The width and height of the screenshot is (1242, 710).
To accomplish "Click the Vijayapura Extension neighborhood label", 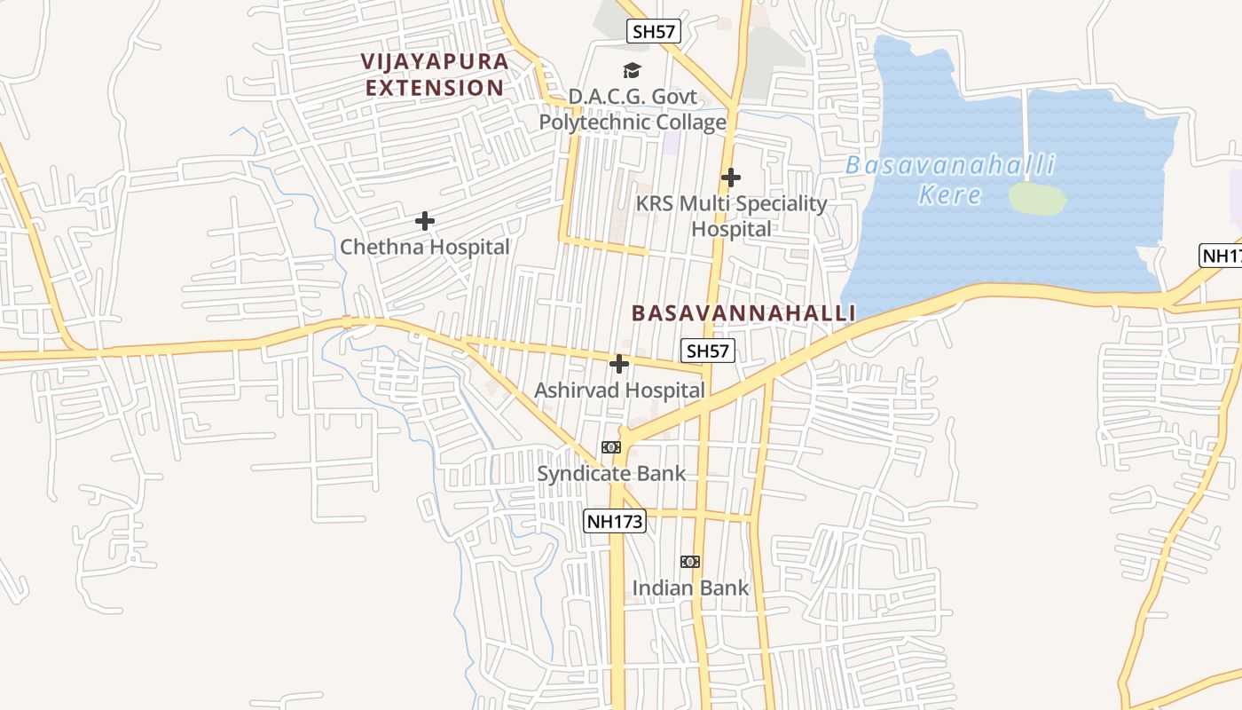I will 435,75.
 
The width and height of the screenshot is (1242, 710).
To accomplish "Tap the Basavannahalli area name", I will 743,313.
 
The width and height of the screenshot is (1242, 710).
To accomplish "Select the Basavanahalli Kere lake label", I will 950,179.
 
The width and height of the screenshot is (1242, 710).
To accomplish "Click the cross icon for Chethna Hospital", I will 425,220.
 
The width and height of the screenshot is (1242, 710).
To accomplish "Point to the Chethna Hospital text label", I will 425,247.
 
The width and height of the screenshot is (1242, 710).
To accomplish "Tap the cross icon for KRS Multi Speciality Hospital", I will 730,177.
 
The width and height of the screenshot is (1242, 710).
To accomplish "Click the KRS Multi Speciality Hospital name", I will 731,216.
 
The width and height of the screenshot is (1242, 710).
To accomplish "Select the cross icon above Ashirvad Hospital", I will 619,364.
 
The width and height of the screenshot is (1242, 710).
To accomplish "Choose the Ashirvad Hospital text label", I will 619,390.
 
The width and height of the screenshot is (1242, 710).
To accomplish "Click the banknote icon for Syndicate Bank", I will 611,447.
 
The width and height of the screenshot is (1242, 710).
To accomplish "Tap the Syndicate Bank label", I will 611,473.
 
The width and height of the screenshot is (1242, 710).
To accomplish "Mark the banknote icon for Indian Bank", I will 690,561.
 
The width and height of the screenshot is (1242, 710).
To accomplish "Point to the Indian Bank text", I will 690,588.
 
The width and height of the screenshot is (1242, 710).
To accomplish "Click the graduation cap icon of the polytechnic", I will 632,70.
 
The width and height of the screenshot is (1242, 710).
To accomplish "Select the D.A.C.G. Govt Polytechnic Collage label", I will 633,109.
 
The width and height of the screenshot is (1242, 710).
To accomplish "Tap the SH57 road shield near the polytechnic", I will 653,31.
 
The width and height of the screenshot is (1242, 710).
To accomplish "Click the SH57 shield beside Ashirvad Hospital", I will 707,351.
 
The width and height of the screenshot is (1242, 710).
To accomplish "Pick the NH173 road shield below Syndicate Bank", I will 614,521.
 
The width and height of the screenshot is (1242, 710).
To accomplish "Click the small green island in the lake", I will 1037,198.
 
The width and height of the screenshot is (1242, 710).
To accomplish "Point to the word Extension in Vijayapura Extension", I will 435,88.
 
